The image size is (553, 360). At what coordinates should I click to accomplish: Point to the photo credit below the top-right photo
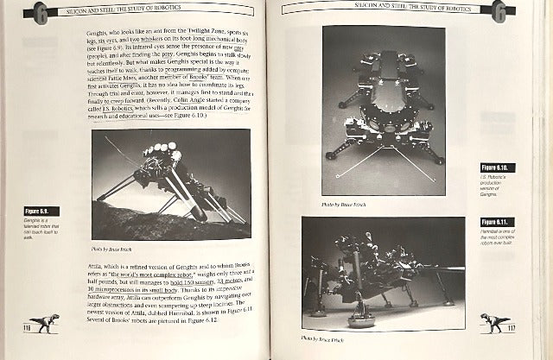339,205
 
